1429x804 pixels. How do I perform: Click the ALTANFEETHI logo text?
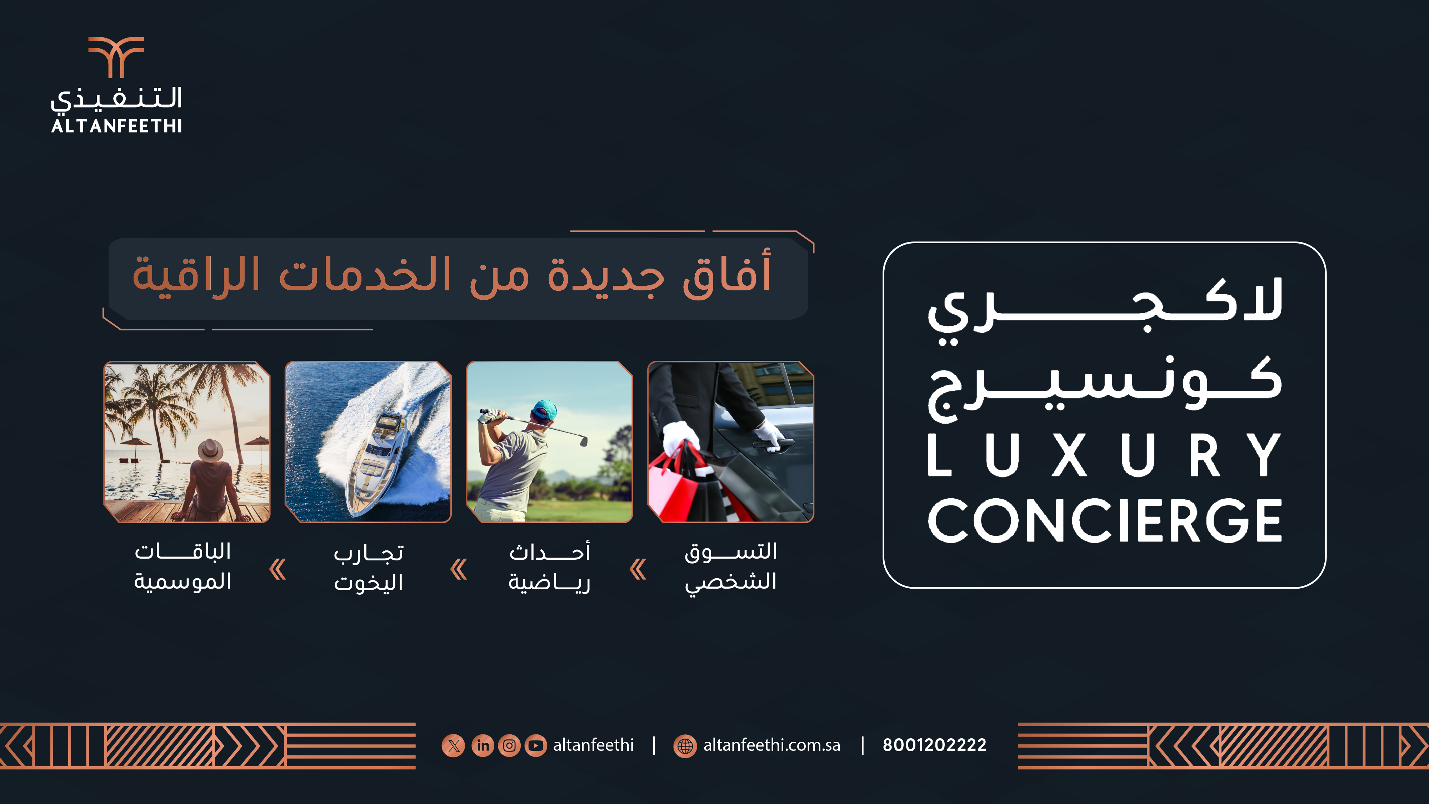click(x=116, y=126)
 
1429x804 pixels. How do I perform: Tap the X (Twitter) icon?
click(x=453, y=745)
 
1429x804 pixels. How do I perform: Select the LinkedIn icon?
click(x=483, y=745)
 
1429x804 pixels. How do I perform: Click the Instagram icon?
click(x=509, y=745)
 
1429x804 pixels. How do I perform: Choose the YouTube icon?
click(x=536, y=745)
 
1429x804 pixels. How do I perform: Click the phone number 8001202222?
click(x=935, y=745)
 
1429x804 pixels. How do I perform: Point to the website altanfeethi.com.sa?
click(x=771, y=745)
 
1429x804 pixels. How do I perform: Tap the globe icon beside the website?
click(x=685, y=746)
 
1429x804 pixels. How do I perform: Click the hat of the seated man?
click(x=210, y=450)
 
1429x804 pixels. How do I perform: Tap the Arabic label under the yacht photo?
click(x=368, y=568)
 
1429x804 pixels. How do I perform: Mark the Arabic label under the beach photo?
click(x=183, y=566)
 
